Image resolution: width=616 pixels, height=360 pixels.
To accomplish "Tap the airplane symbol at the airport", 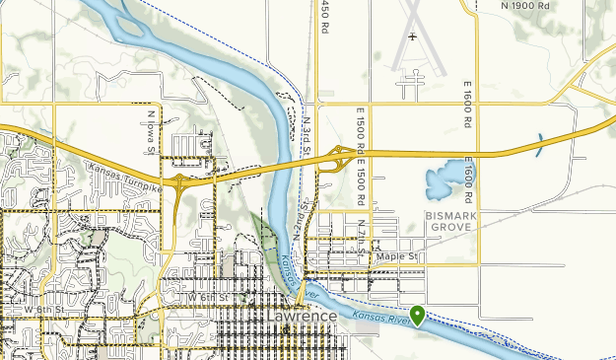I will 411,37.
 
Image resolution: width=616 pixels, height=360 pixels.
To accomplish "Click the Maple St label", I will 404,257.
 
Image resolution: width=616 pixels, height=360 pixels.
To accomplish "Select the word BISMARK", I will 451,214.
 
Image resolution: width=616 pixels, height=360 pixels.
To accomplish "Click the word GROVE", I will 451,227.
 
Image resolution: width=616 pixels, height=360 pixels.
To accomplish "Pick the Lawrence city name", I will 302,317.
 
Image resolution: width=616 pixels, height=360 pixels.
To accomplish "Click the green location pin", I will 418,316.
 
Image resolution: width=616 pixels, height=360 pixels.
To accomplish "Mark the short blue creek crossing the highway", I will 539,146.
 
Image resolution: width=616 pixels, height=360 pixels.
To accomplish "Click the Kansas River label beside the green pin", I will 379,319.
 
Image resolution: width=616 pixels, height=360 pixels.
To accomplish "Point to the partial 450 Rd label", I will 324,17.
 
